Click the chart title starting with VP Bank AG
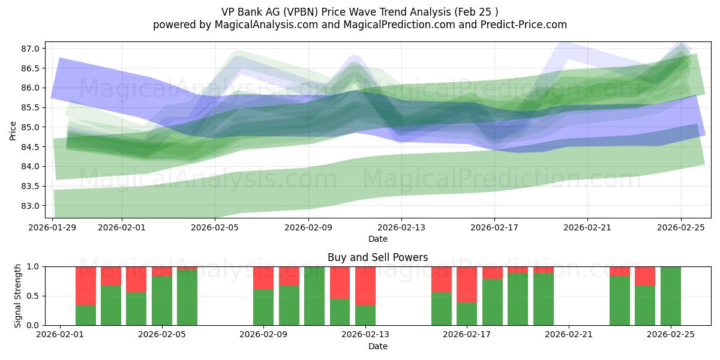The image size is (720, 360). coord(359,11)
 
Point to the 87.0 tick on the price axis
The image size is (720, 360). coord(31,49)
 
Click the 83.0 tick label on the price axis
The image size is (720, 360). coord(31,206)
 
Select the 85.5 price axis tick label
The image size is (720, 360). coord(31,107)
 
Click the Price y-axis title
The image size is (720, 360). coord(13,130)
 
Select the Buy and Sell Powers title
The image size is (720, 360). coord(377,257)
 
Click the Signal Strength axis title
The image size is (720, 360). coord(18,295)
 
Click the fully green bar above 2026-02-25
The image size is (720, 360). coord(670,296)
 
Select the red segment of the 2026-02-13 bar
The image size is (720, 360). coord(365,286)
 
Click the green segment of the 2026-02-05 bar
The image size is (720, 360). coord(162,301)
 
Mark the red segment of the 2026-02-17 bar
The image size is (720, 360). coord(467,284)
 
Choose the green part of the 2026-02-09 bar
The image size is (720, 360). coord(263,307)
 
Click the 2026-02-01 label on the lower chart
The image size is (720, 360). coord(61,335)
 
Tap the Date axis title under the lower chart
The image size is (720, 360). coord(377,346)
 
